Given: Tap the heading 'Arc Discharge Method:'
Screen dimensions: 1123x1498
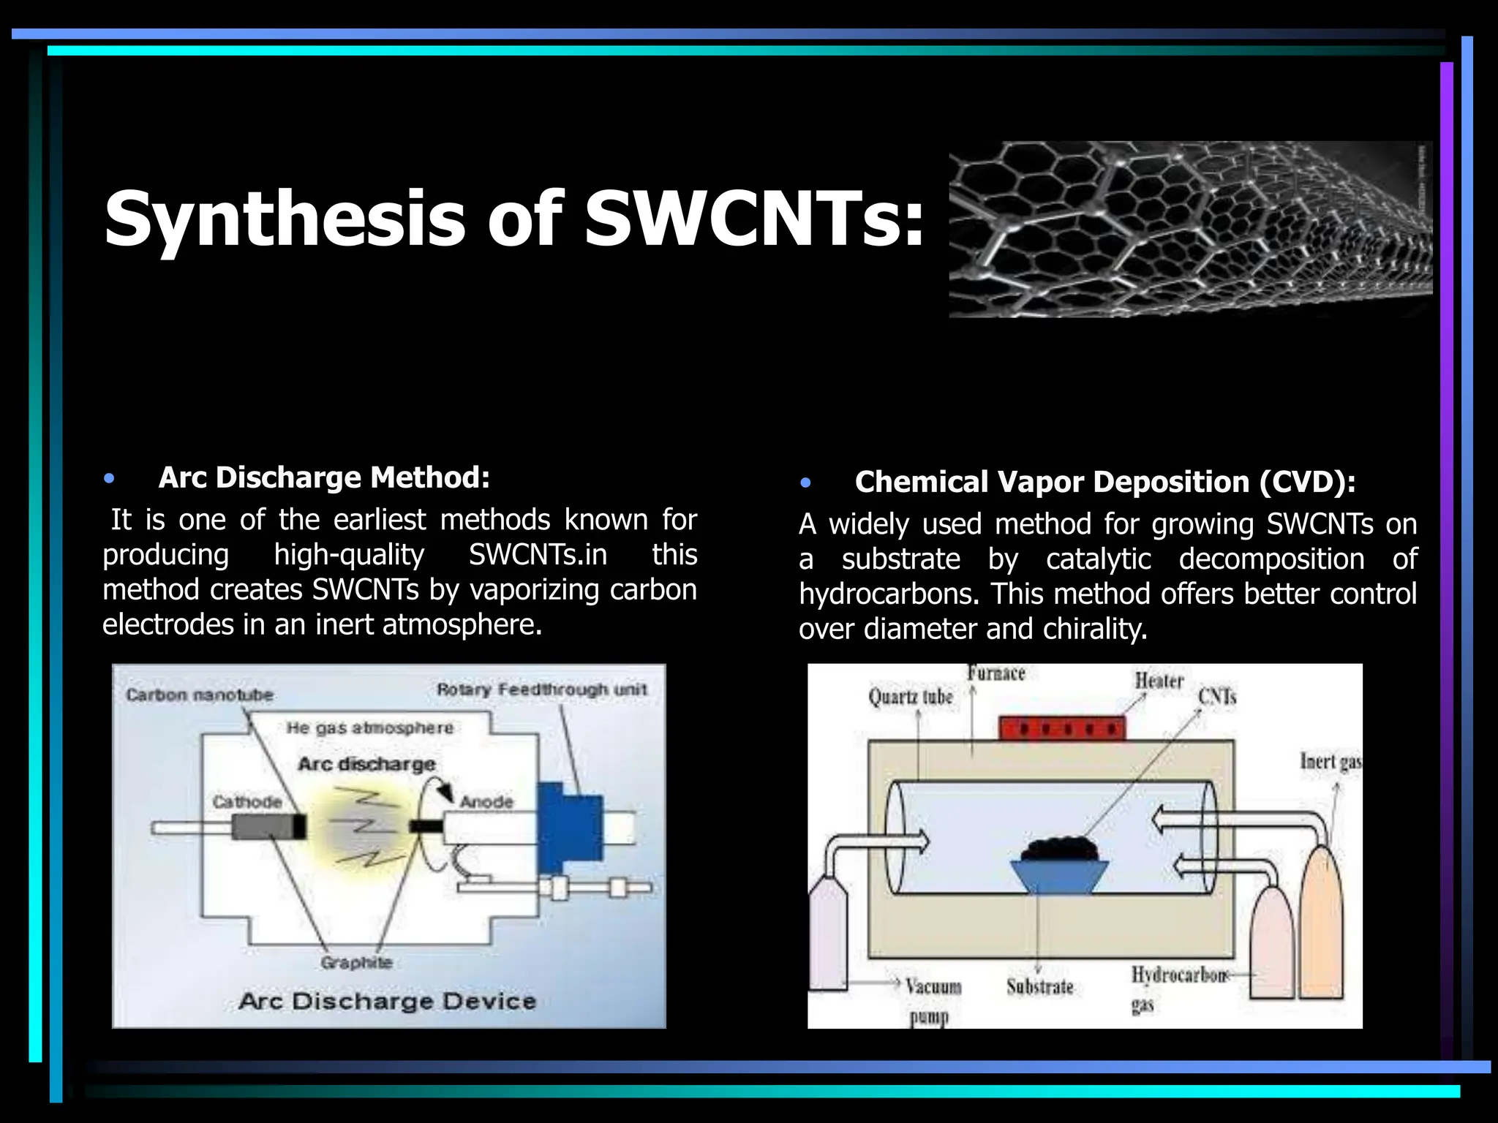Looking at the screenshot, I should pyautogui.click(x=324, y=477).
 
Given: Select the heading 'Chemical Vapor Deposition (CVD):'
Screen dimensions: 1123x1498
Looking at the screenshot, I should pyautogui.click(x=1105, y=482).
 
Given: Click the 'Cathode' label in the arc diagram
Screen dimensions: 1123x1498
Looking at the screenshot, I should pyautogui.click(x=247, y=802).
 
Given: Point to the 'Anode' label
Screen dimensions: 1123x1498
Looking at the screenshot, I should pyautogui.click(x=486, y=802).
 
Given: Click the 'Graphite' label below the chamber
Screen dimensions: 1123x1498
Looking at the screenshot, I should pyautogui.click(x=356, y=963).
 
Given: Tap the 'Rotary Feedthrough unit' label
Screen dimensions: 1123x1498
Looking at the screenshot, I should pyautogui.click(x=542, y=689).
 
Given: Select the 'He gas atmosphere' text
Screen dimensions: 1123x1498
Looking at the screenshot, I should pyautogui.click(x=369, y=728).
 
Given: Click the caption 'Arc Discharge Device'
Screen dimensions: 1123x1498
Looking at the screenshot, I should pyautogui.click(x=388, y=1001).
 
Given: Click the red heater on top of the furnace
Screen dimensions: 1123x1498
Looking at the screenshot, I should pyautogui.click(x=1062, y=728).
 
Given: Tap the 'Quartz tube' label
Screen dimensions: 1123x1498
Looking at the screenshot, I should pyautogui.click(x=911, y=697).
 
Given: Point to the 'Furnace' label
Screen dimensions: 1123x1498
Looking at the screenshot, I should pyautogui.click(x=996, y=673).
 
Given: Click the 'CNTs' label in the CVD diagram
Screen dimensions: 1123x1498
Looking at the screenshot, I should pyautogui.click(x=1217, y=697).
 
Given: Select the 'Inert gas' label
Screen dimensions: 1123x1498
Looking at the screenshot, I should pyautogui.click(x=1330, y=762).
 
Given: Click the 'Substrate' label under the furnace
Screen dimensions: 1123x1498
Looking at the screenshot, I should pyautogui.click(x=1039, y=987).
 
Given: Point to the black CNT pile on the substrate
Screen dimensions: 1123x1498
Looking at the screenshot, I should pyautogui.click(x=1061, y=849).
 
